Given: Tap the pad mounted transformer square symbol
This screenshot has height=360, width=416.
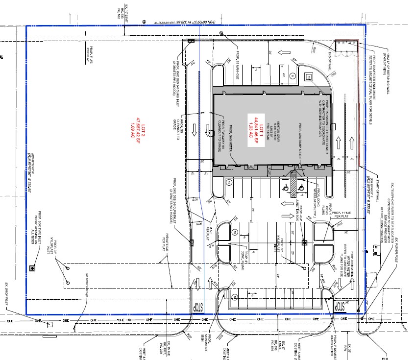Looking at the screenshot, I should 309,77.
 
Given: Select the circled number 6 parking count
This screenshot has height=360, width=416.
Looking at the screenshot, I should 293,75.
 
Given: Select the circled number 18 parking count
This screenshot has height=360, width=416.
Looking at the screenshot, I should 229,182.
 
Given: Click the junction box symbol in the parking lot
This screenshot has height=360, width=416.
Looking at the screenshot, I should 304,242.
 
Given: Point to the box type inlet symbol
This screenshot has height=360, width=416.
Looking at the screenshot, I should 32,268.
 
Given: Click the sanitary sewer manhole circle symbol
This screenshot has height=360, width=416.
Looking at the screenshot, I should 222,33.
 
